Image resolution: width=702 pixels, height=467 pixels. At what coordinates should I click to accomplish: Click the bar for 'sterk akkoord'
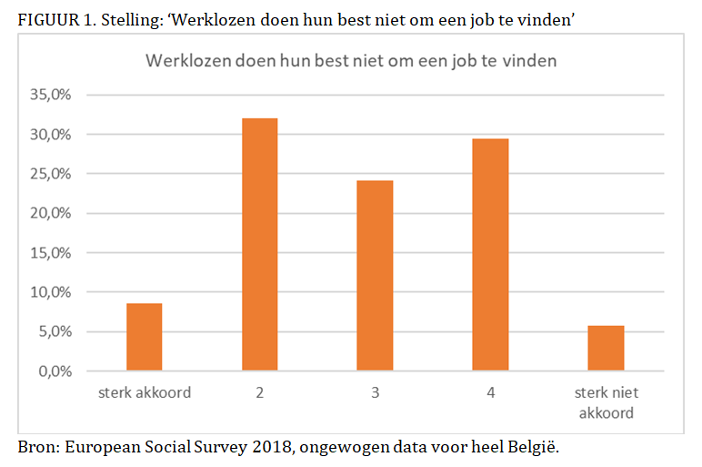(144, 337)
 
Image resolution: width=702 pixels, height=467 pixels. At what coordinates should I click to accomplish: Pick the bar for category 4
(490, 254)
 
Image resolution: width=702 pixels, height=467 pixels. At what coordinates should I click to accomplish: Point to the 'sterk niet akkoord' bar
(606, 348)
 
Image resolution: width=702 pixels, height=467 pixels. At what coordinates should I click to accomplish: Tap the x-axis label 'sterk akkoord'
(144, 393)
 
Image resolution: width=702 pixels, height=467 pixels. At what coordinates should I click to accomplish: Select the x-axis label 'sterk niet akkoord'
(606, 401)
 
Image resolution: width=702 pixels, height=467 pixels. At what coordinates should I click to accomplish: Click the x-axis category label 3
(375, 393)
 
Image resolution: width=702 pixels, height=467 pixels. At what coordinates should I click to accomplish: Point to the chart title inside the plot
(351, 61)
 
